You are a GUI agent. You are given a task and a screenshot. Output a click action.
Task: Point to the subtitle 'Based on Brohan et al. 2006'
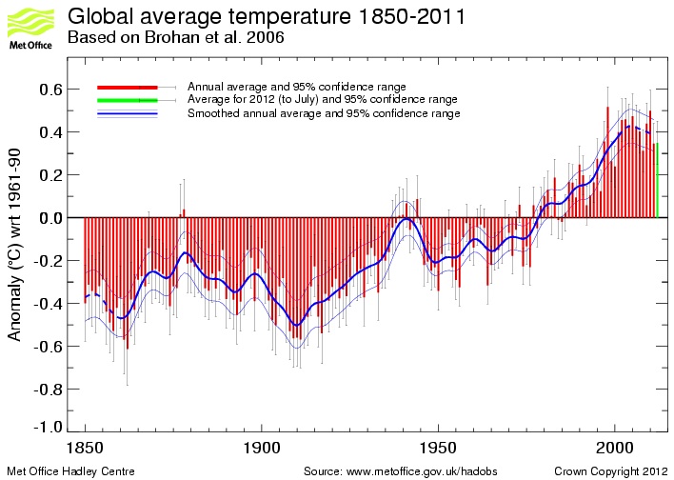[x=175, y=38]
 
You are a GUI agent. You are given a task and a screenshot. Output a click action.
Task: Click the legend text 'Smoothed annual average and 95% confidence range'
[x=324, y=113]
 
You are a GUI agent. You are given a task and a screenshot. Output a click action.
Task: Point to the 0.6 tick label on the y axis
[x=50, y=90]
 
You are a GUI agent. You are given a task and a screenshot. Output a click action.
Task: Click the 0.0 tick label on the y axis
[x=50, y=218]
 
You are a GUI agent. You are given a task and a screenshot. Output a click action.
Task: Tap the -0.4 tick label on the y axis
[x=49, y=304]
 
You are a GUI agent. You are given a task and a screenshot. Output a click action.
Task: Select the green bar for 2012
[x=657, y=180]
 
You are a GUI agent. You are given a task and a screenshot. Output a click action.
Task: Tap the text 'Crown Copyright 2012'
[x=610, y=471]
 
